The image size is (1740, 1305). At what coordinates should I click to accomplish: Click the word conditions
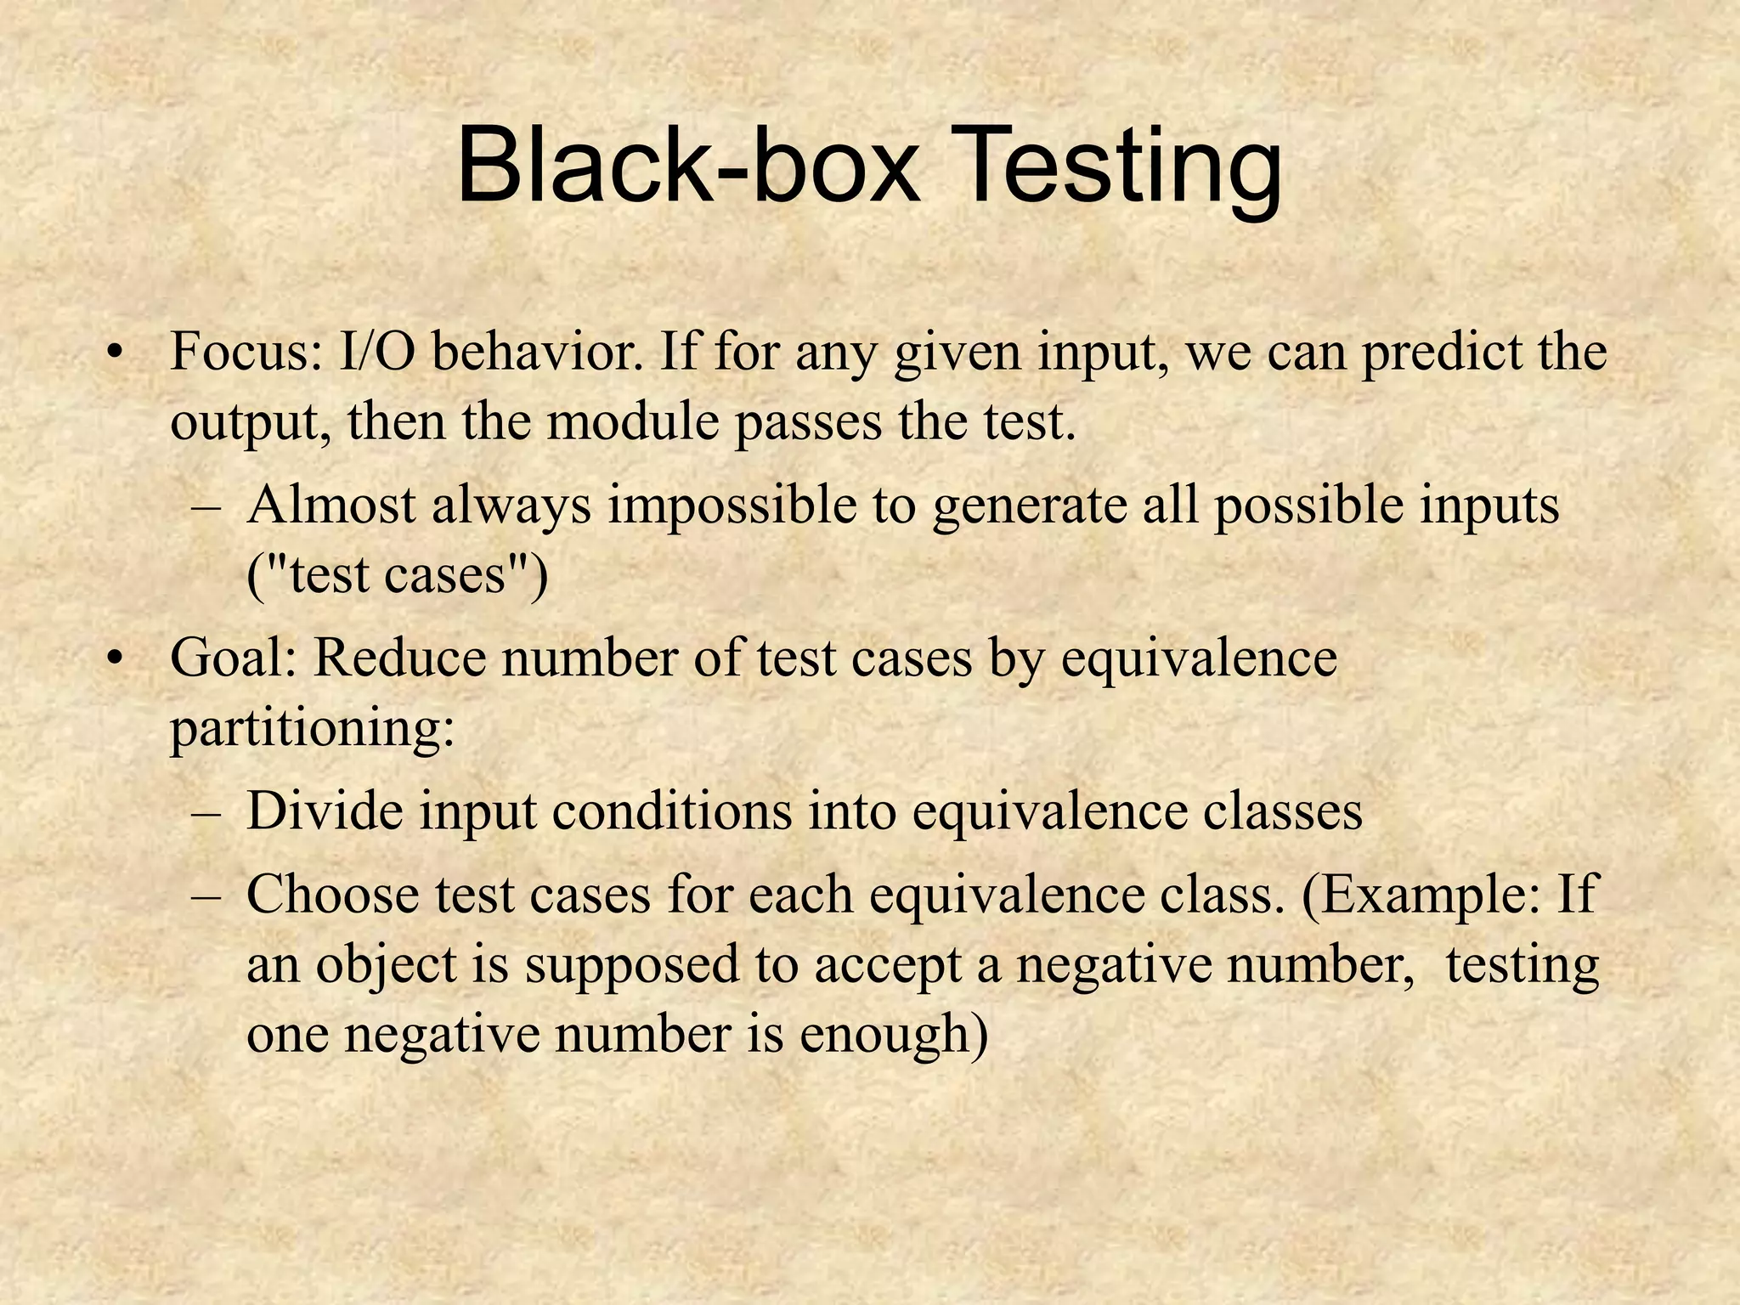pos(672,811)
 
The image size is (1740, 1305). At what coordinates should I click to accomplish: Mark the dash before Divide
pos(206,812)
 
